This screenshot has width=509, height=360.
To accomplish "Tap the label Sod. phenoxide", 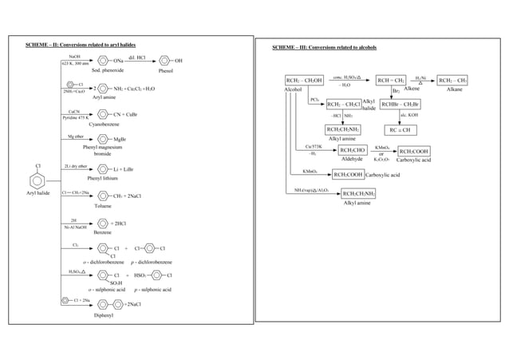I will click(105, 70).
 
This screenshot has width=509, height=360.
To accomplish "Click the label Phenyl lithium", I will click(102, 179).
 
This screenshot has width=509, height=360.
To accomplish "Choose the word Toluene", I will click(103, 205).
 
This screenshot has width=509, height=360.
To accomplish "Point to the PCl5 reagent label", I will click(315, 99).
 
